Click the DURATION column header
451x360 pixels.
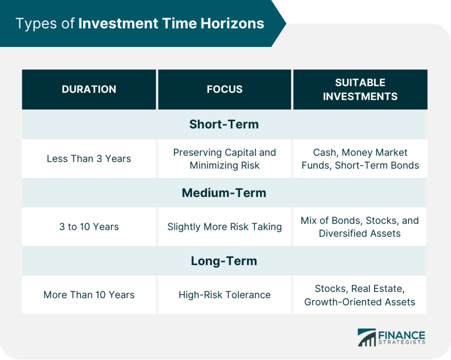89,89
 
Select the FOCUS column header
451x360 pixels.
224,89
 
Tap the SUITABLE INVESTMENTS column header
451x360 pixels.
360,89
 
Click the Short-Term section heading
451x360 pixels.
224,125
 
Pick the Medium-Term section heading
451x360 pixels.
224,193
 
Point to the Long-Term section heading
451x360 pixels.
224,261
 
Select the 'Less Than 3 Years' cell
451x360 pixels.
89,159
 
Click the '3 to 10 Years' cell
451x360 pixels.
89,227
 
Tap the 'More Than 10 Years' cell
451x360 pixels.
89,295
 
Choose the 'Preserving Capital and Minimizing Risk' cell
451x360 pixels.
224,159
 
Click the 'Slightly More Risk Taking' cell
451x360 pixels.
224,227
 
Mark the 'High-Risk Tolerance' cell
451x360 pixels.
224,295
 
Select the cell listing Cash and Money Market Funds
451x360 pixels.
360,159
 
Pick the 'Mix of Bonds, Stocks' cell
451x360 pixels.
360,227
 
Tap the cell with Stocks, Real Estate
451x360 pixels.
360,295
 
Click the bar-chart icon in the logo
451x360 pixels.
367,337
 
